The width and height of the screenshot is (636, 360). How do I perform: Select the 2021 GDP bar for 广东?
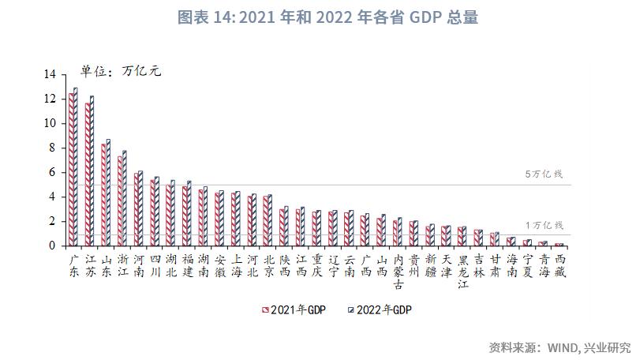pyautogui.click(x=71, y=170)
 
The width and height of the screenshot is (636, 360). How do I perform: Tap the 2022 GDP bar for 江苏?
pyautogui.click(x=92, y=171)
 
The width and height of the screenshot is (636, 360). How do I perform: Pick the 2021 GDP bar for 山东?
pyautogui.click(x=103, y=194)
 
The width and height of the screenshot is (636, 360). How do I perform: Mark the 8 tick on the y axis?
pyautogui.click(x=53, y=148)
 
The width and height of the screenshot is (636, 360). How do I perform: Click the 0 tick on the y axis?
pyautogui.click(x=53, y=246)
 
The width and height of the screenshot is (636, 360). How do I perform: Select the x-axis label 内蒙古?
pyautogui.click(x=398, y=271)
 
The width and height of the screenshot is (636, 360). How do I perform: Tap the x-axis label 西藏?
pyautogui.click(x=559, y=265)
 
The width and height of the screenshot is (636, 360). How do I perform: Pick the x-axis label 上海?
pyautogui.click(x=236, y=265)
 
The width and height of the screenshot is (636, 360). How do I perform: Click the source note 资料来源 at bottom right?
pyautogui.click(x=559, y=347)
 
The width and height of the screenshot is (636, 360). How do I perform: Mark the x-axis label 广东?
pyautogui.click(x=73, y=265)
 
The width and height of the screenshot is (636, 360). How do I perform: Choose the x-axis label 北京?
pyautogui.click(x=268, y=265)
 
